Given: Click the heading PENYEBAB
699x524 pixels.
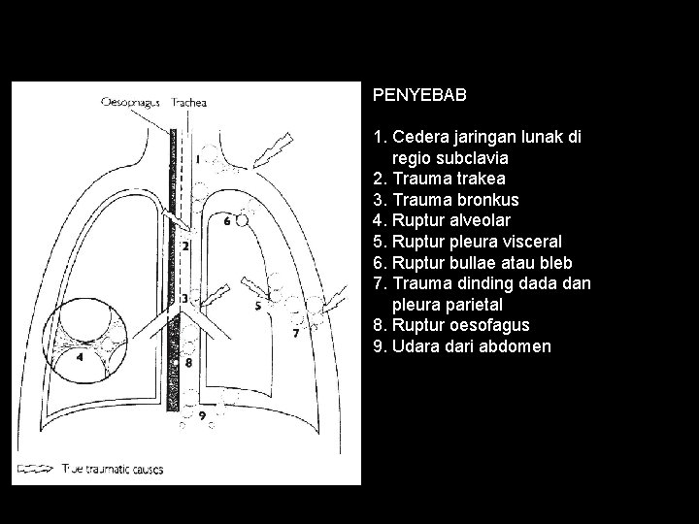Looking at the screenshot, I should (419, 96).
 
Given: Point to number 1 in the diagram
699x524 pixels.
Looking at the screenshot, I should (198, 157).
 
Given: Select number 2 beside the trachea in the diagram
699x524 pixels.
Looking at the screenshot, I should (185, 246).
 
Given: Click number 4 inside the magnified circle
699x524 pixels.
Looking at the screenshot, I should (80, 357).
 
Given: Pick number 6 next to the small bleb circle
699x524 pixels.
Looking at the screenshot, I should (227, 220).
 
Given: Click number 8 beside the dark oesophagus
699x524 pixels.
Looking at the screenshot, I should (189, 363).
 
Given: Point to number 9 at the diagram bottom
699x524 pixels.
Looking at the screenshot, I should (201, 415).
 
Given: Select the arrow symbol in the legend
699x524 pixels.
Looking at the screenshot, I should (35, 469).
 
